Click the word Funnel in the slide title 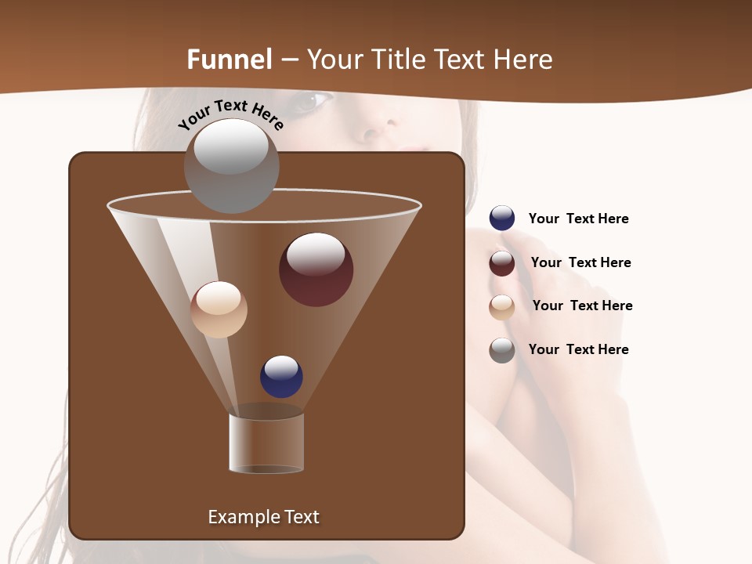pos(230,60)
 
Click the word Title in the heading pos(399,60)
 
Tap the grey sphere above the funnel pos(232,166)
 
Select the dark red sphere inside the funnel pos(316,269)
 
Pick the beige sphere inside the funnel pos(219,309)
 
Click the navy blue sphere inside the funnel pos(281,377)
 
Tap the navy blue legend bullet pos(502,219)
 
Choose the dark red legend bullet pos(502,263)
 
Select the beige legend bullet pos(502,307)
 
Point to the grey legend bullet pos(502,350)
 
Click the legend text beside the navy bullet pos(578,219)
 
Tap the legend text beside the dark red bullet pos(580,262)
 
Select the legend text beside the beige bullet pos(582,305)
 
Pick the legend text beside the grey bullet pos(578,349)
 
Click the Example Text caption pos(263,517)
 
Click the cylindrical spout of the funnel pos(266,443)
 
